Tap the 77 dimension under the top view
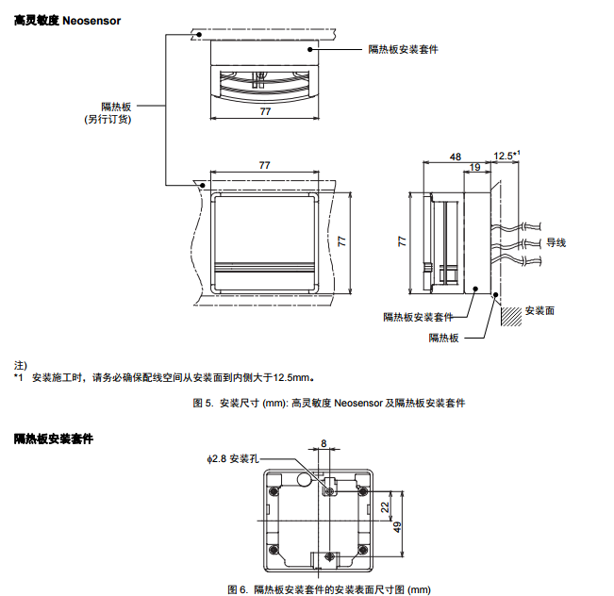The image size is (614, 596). pos(265,111)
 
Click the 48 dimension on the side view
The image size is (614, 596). pos(456,156)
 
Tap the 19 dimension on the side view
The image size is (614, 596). pos(474,168)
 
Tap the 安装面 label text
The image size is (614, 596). pos(539,310)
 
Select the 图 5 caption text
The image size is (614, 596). pos(328,403)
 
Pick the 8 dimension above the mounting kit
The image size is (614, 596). pos(324,442)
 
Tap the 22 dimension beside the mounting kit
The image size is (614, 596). pos(385,507)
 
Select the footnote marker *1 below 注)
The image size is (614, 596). pos(18,377)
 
